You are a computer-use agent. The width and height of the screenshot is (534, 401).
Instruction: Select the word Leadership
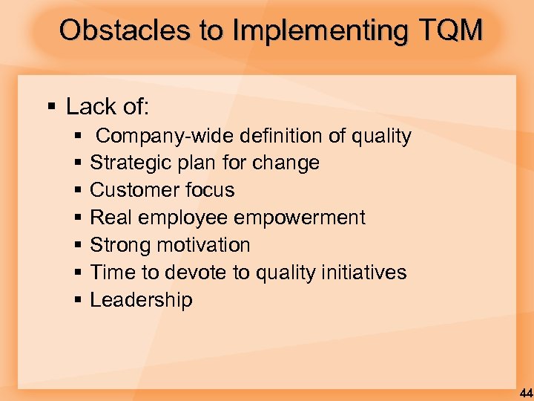tap(141, 300)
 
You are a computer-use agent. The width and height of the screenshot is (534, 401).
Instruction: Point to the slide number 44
tap(525, 393)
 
